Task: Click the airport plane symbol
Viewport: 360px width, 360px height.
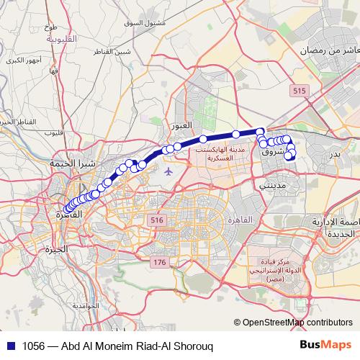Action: (x=168, y=171)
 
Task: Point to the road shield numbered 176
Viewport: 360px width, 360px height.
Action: (x=158, y=263)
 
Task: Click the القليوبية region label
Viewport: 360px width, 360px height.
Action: (x=46, y=40)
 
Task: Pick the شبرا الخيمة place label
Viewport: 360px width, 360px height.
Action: (x=72, y=164)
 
